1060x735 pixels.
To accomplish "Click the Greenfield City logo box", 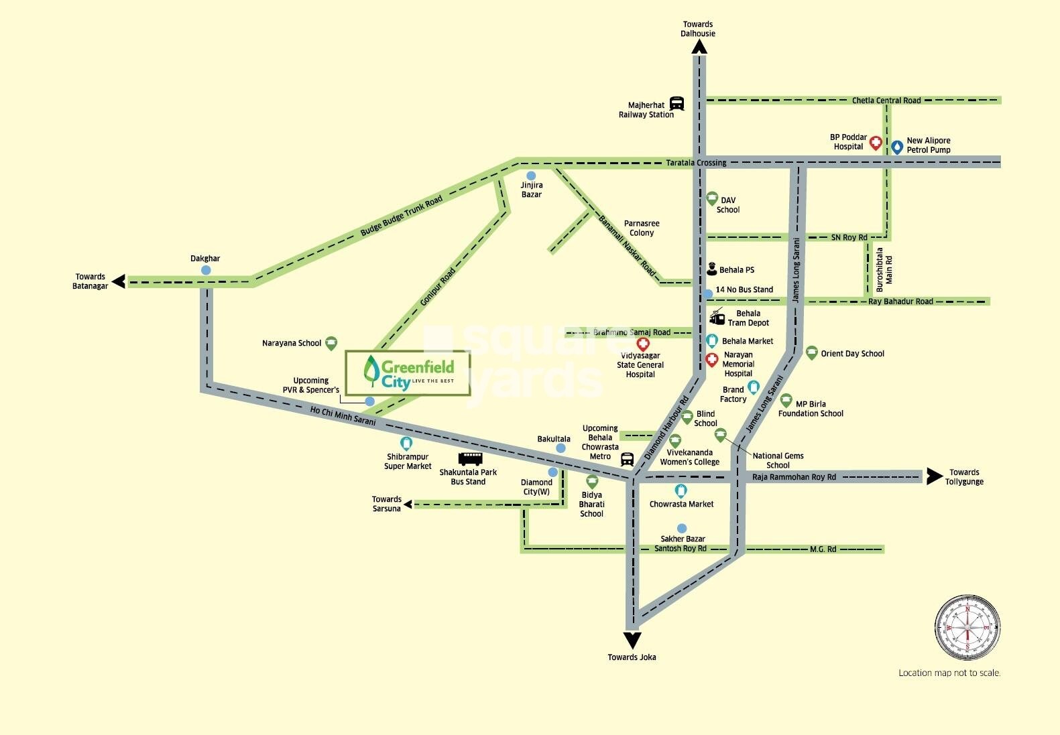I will click(x=408, y=373).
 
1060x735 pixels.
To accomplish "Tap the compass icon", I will click(x=967, y=626).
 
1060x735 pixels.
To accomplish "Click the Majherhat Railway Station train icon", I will click(x=676, y=104).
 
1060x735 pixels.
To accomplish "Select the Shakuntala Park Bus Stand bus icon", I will click(x=470, y=459).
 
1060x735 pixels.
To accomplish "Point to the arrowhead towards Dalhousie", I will click(x=699, y=46).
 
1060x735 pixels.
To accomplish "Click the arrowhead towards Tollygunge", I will click(x=934, y=476).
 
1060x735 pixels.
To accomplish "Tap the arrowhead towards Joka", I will click(x=632, y=640).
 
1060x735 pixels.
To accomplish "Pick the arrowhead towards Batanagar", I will click(x=119, y=281).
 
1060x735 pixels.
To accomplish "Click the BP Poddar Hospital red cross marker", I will click(x=875, y=142).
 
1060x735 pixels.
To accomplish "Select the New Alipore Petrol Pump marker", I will click(x=896, y=146).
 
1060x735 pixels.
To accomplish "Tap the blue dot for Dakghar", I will click(x=206, y=270).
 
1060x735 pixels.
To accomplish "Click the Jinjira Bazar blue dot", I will click(x=531, y=176).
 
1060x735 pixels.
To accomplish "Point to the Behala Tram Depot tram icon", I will click(x=717, y=317).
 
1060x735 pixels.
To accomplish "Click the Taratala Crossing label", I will click(x=696, y=163).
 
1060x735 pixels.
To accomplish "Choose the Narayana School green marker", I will click(x=331, y=343).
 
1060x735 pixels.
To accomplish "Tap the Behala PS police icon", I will click(x=712, y=269).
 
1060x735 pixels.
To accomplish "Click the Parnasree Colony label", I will click(x=642, y=228).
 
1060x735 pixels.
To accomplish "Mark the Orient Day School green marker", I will click(x=811, y=352).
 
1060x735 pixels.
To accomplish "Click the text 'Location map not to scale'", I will click(x=949, y=673).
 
